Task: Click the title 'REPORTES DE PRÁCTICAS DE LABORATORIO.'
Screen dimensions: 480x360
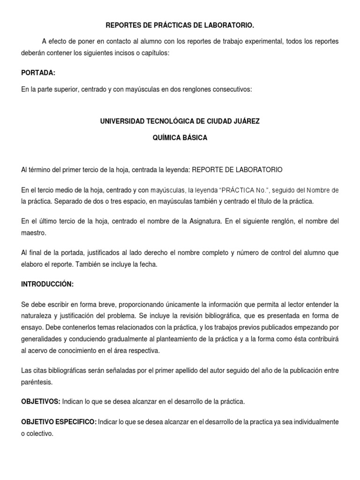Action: click(180, 24)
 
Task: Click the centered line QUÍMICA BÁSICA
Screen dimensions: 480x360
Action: click(180, 138)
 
